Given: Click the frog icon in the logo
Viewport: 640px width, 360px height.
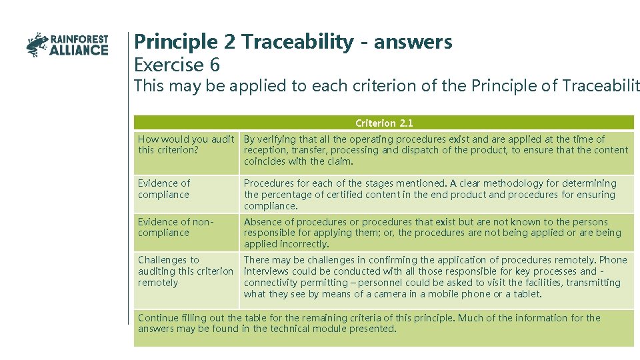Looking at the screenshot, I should (x=37, y=44).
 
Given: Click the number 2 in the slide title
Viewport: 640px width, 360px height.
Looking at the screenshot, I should (x=231, y=42).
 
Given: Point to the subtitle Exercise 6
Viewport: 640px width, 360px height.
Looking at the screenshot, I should (x=177, y=65).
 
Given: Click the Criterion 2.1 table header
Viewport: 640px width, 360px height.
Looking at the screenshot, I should (x=384, y=123).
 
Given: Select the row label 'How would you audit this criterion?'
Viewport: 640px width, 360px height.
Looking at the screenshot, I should (x=185, y=145).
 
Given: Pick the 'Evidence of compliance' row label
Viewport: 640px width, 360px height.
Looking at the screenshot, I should (x=164, y=189).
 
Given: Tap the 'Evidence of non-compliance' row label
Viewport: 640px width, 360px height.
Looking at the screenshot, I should (x=173, y=227).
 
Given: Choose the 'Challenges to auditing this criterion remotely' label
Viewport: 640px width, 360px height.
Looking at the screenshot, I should (x=185, y=271).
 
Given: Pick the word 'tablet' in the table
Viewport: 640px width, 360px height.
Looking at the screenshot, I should (x=526, y=294).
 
